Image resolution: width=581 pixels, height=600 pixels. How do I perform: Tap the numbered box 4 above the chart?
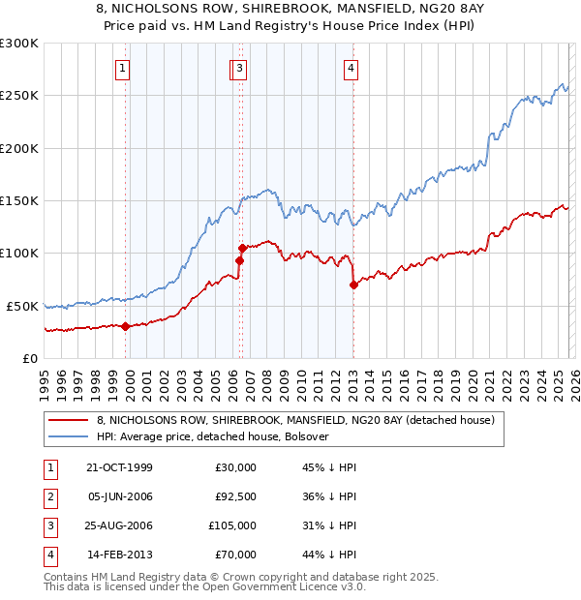tap(351, 69)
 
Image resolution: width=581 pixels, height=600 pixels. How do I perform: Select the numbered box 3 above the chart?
tap(239, 69)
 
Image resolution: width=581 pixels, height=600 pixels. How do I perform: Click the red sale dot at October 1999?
tap(126, 326)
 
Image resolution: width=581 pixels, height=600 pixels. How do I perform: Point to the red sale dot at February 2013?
tap(353, 285)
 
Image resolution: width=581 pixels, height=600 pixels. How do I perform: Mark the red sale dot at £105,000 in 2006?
tap(241, 248)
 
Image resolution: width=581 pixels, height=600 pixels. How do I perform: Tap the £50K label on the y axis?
tap(22, 306)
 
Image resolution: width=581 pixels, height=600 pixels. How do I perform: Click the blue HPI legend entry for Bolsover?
tap(213, 436)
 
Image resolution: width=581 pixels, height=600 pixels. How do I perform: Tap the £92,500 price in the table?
tap(235, 497)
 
